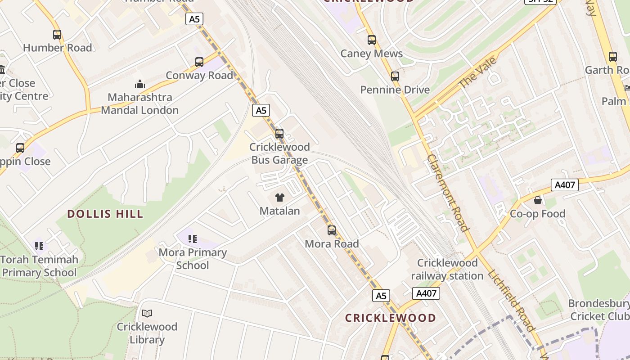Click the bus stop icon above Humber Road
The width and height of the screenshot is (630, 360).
coord(57,35)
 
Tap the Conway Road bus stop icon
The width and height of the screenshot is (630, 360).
coord(199,62)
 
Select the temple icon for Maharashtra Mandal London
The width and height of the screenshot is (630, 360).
coord(140,84)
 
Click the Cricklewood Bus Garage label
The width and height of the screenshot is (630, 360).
coord(279,153)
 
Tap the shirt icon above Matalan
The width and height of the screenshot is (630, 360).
coord(279,198)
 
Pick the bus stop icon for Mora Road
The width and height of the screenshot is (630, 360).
coord(332,230)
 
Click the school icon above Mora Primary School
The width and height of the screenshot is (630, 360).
coord(193,239)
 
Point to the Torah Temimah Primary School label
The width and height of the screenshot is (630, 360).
coord(39,266)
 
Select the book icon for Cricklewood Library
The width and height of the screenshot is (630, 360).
coord(147,313)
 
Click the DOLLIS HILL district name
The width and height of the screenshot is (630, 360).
coord(105,214)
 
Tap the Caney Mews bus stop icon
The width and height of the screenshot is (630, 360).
coord(372,40)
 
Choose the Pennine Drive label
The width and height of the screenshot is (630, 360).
coord(395,90)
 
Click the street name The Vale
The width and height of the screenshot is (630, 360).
coord(477,72)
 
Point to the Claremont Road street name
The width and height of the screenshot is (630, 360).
coord(447,193)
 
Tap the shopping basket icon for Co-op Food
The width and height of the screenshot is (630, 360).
coord(537,200)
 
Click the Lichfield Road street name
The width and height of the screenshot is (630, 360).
coord(511,300)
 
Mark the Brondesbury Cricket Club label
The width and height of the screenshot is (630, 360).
coord(599,310)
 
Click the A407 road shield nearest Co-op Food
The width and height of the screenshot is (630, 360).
coord(564,185)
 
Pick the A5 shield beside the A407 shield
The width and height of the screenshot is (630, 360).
coord(381,296)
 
